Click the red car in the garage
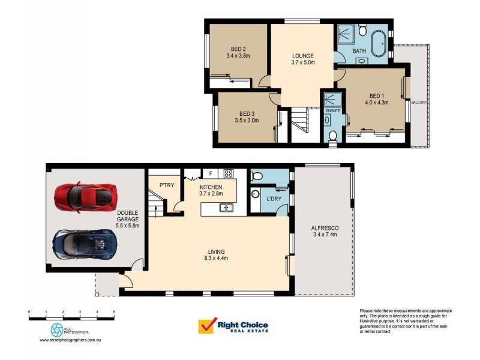pos(83,197)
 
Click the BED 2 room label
pos(239,49)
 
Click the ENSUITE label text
pos(333,111)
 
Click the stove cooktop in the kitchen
pos(228,174)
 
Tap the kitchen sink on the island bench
pos(226,208)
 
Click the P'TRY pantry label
pos(166,185)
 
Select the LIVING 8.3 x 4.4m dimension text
pos(215,259)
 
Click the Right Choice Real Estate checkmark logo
pos(207,326)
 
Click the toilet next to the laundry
pos(257,175)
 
